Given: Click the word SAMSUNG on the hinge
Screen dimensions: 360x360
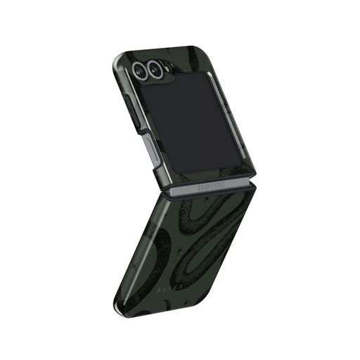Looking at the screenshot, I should [x=210, y=187].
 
